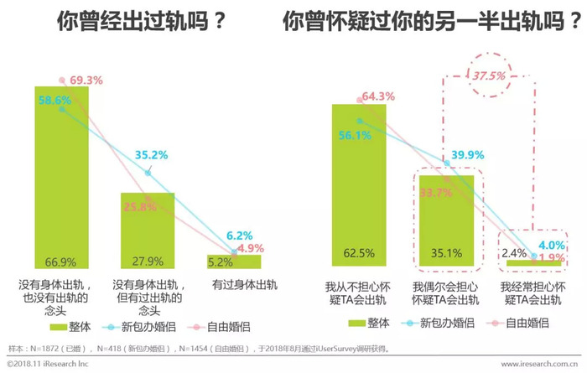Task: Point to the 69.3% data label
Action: click(x=86, y=81)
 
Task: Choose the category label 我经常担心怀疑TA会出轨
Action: click(x=531, y=293)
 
